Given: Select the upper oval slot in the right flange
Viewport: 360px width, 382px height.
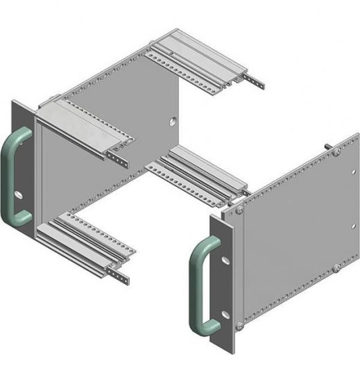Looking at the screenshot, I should point(227,260).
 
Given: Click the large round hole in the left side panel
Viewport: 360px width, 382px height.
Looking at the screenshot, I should point(169,122).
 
